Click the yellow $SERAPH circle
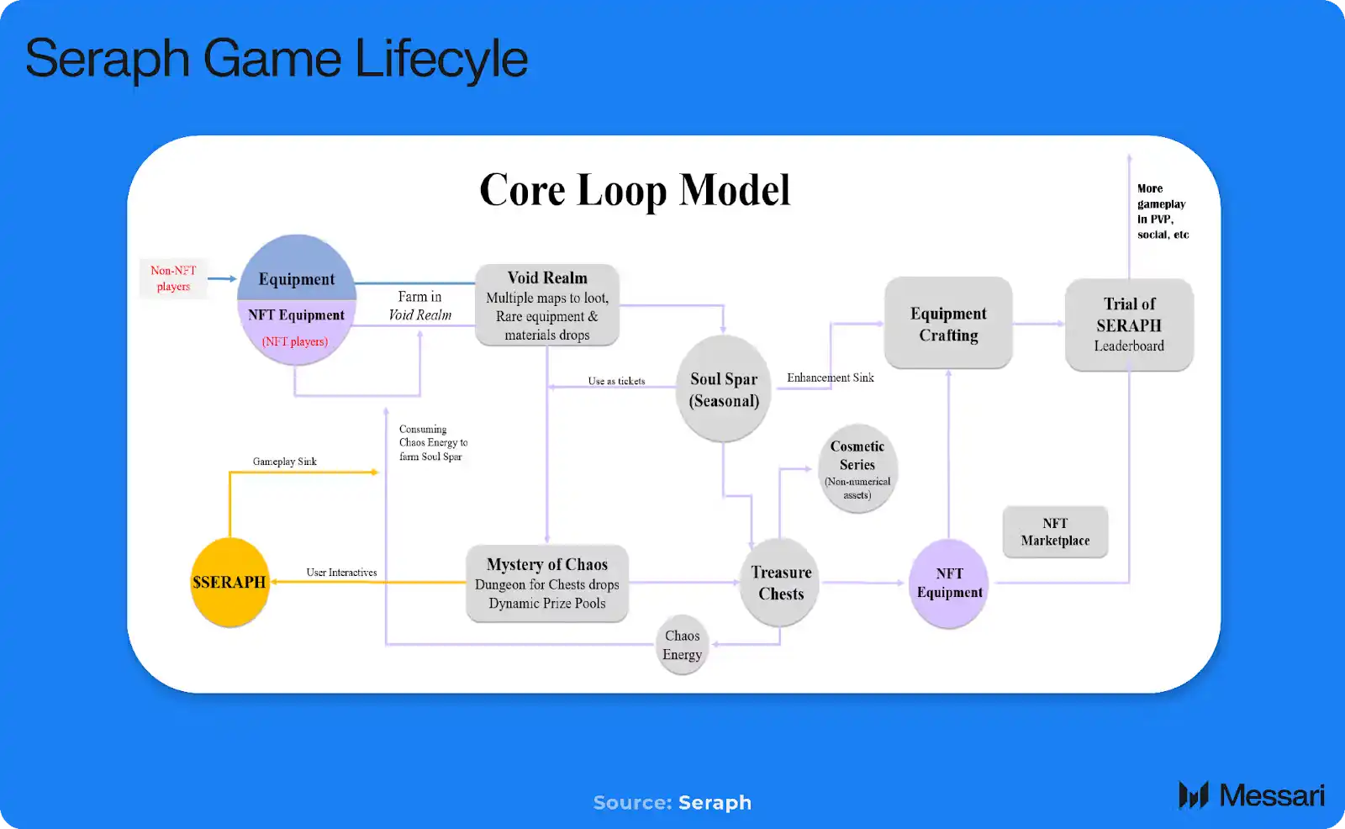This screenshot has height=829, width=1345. pyautogui.click(x=229, y=582)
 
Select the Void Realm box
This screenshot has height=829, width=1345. pyautogui.click(x=547, y=305)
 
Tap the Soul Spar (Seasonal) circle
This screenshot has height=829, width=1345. pyautogui.click(x=724, y=389)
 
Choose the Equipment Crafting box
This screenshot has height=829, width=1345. pyautogui.click(x=948, y=324)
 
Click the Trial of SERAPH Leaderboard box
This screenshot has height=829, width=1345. pyautogui.click(x=1129, y=325)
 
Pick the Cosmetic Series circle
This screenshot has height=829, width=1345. pyautogui.click(x=857, y=468)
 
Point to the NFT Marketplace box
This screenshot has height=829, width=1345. pyautogui.click(x=1055, y=531)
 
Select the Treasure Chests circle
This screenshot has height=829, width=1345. pyautogui.click(x=781, y=583)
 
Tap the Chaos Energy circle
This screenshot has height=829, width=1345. pyautogui.click(x=682, y=645)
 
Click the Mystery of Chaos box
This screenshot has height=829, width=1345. pyautogui.click(x=547, y=583)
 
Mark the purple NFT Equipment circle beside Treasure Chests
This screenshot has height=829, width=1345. pyautogui.click(x=949, y=583)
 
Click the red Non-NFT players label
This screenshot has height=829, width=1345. pyautogui.click(x=173, y=278)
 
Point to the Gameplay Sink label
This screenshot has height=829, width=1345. pyautogui.click(x=285, y=462)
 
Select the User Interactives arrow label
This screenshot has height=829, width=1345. pyautogui.click(x=341, y=573)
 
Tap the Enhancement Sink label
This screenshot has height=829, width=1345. pyautogui.click(x=831, y=378)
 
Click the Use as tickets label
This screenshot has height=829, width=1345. pyautogui.click(x=616, y=381)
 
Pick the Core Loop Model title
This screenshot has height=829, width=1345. pyautogui.click(x=635, y=190)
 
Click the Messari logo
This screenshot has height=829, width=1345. pyautogui.click(x=1251, y=795)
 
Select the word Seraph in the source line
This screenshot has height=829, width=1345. pyautogui.click(x=715, y=803)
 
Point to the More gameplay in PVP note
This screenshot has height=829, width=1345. pyautogui.click(x=1163, y=212)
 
